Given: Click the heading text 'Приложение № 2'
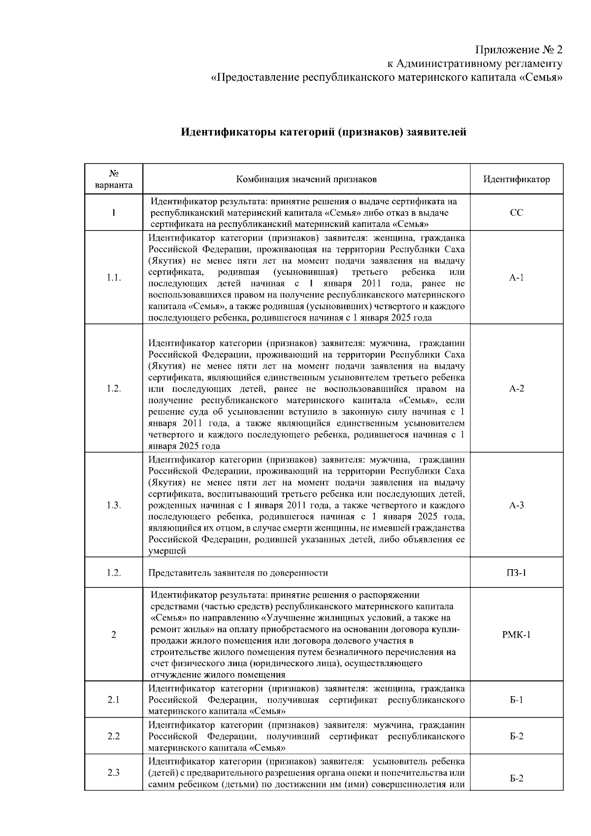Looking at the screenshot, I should (x=518, y=50).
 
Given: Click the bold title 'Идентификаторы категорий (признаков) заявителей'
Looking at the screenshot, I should (x=324, y=132).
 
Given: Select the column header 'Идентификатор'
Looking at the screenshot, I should (x=516, y=179).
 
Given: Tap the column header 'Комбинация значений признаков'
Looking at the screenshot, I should (x=306, y=179).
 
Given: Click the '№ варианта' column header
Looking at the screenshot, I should (x=114, y=179).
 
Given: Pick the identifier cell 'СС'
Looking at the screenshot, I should (x=516, y=213).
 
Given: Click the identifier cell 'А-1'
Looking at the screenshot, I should (x=516, y=278).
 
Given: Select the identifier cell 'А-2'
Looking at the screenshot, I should (x=516, y=388).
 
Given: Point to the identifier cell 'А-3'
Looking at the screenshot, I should (x=516, y=506).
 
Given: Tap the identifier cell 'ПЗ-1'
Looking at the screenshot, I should (x=516, y=573).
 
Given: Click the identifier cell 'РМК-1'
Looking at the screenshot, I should (x=516, y=635).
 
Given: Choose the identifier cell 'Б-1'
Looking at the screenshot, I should (x=516, y=700).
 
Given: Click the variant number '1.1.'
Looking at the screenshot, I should (x=114, y=278).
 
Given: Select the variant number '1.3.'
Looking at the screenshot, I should (x=114, y=506).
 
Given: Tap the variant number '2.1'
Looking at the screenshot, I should (x=114, y=700).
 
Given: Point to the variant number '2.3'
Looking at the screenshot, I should (x=114, y=772).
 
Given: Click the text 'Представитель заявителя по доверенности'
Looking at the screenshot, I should (x=238, y=573).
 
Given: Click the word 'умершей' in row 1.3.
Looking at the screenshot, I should (x=167, y=551).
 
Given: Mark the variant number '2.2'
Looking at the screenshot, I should (x=114, y=736).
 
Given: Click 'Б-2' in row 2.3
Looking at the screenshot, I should (x=516, y=778).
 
